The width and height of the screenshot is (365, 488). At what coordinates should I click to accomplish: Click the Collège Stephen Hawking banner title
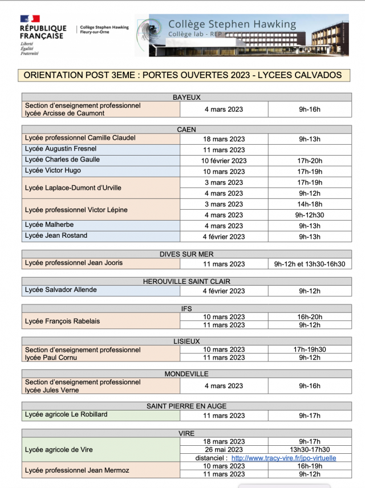pyautogui.click(x=232, y=25)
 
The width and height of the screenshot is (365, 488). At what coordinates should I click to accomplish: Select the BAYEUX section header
pyautogui.click(x=186, y=97)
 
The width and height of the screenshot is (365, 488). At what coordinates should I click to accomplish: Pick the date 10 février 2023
pyautogui.click(x=224, y=161)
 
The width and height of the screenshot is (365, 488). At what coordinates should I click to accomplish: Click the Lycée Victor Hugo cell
pyautogui.click(x=53, y=170)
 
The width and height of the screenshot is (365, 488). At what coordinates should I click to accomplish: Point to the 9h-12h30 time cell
pyautogui.click(x=310, y=215)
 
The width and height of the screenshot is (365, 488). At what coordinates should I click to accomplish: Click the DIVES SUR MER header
pyautogui.click(x=186, y=254)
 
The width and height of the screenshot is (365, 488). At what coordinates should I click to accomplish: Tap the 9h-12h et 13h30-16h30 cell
pyautogui.click(x=310, y=264)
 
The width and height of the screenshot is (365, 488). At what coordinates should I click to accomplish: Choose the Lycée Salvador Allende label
pyautogui.click(x=61, y=290)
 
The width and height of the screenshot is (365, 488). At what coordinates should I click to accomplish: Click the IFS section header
pyautogui.click(x=186, y=308)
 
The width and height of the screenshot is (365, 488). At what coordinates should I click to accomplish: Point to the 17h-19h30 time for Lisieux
pyautogui.click(x=310, y=349)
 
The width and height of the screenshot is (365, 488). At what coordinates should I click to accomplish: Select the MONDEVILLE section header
pyautogui.click(x=186, y=374)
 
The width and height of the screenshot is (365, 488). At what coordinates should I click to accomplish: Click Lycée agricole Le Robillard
pyautogui.click(x=66, y=414)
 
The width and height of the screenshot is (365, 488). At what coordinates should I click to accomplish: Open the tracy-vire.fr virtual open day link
pyautogui.click(x=283, y=458)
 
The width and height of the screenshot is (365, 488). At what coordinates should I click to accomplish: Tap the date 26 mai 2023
pyautogui.click(x=224, y=450)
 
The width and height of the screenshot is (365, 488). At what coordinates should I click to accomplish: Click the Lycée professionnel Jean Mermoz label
pyautogui.click(x=77, y=470)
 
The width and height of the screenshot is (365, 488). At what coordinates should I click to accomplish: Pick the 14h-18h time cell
pyautogui.click(x=310, y=204)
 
